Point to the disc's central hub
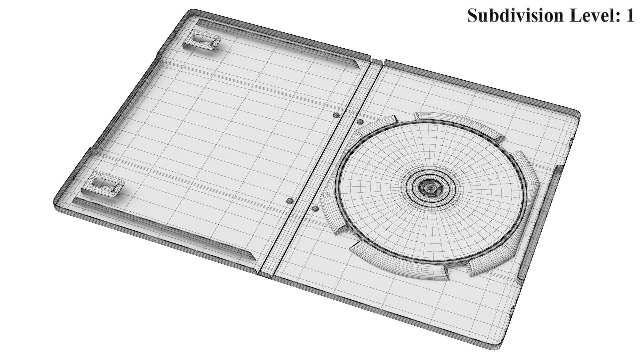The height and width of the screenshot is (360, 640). point(430,188)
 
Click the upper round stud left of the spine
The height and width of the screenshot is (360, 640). point(336,115)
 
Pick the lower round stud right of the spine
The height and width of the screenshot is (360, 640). point(315,209)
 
